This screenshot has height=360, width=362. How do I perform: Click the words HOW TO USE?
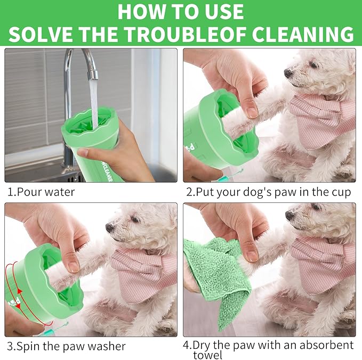tap(181, 11)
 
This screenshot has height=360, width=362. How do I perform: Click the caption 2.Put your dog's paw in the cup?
tap(268, 192)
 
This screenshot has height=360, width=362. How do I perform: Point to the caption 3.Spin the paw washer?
tap(66, 346)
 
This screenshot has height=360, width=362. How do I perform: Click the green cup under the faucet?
tap(93, 144)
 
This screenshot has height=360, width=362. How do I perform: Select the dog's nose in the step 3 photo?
tap(109, 227)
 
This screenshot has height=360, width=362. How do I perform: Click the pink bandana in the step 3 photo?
tap(141, 272)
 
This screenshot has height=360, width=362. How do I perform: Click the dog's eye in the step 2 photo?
tap(312, 64)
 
